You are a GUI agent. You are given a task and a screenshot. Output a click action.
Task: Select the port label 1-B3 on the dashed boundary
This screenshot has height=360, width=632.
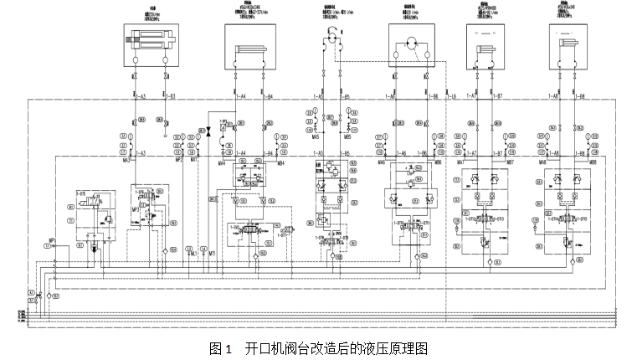click(x=170, y=98)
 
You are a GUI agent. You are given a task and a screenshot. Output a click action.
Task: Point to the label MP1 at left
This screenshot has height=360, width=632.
click(x=51, y=240)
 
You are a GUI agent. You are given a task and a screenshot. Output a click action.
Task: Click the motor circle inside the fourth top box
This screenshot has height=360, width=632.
click(x=411, y=44)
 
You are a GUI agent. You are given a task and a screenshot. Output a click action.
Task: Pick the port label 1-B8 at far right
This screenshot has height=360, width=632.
click(x=581, y=98)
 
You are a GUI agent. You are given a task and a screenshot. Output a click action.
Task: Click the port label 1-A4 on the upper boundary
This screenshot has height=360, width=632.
click(x=241, y=98)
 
